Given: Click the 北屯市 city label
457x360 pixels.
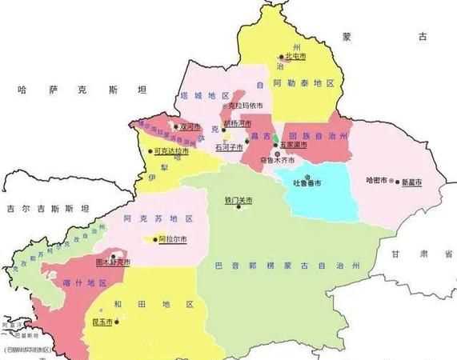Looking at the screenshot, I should click(295, 57).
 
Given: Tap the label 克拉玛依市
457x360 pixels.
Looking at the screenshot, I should click(245, 105).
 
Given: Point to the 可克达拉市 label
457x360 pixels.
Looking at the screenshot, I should click(171, 150).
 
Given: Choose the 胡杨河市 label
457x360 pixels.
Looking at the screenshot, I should click(237, 123).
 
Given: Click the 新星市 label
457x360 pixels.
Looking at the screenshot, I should click(411, 182).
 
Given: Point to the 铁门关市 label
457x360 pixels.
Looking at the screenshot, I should click(238, 201).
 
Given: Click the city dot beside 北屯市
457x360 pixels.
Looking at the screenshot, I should click(281, 57).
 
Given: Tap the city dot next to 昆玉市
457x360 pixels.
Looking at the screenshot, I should click(117, 322).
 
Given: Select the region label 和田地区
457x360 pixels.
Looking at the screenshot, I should click(166, 305).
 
